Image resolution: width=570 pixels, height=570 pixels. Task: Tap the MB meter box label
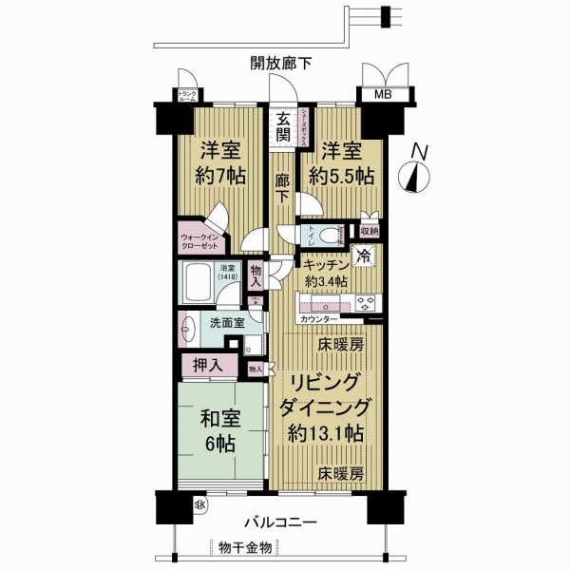click(x=381, y=94)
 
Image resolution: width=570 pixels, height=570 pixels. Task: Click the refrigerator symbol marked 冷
click(x=363, y=255)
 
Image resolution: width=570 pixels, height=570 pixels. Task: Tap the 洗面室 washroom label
click(x=227, y=323)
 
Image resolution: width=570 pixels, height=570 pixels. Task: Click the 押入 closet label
click(x=209, y=364)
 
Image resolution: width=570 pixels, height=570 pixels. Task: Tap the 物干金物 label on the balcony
click(x=245, y=548)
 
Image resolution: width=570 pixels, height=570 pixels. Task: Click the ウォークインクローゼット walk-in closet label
click(x=199, y=238)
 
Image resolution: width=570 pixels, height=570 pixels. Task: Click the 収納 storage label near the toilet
click(x=370, y=231)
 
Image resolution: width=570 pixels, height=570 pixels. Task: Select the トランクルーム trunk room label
click(x=187, y=95)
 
